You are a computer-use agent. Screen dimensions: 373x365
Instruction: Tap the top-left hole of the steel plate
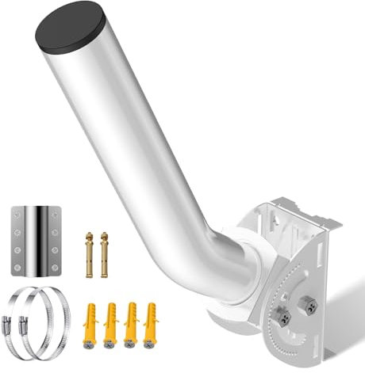tap(18, 213)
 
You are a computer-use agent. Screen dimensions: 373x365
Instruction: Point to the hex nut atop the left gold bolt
tap(89, 234)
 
